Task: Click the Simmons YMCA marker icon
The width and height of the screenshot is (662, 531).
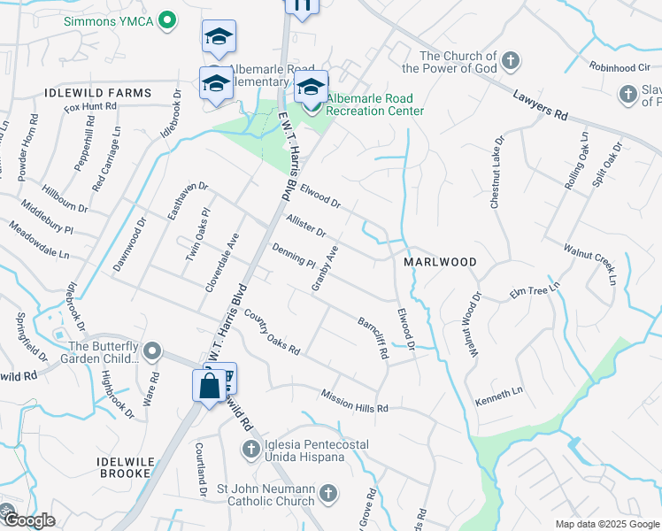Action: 165,20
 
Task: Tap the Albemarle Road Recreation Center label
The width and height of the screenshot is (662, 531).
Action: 374,104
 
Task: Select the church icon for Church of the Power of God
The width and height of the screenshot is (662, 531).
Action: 510,61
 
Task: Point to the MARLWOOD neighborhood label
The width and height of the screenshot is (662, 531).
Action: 440,263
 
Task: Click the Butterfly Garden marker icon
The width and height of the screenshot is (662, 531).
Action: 152,352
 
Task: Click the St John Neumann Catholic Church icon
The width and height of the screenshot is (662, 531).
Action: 328,493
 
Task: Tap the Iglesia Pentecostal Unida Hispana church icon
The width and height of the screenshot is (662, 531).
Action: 250,450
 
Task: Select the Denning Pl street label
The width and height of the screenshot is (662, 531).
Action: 294,257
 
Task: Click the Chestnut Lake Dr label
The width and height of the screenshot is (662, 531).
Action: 496,173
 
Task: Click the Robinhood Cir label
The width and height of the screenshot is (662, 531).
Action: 619,66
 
